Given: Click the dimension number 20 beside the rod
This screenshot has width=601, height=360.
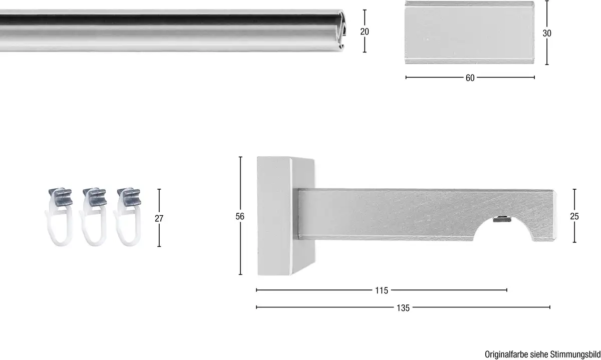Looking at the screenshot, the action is coord(365,32).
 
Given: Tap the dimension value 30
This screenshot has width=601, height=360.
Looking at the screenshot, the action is coord(547,33).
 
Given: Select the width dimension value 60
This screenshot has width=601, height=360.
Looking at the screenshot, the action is coord(470,78).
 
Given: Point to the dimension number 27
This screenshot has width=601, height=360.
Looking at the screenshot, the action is coord(159,218).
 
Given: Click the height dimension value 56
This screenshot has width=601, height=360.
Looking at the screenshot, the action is coord(240,216).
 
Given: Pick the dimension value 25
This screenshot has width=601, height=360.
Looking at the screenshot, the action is coord(574,216).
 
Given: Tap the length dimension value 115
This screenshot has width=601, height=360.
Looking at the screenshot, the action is coord(382,290).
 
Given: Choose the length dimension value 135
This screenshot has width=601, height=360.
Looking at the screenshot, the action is coord(403,308).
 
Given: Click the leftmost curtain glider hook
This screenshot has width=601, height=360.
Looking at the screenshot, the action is coord(60,217).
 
